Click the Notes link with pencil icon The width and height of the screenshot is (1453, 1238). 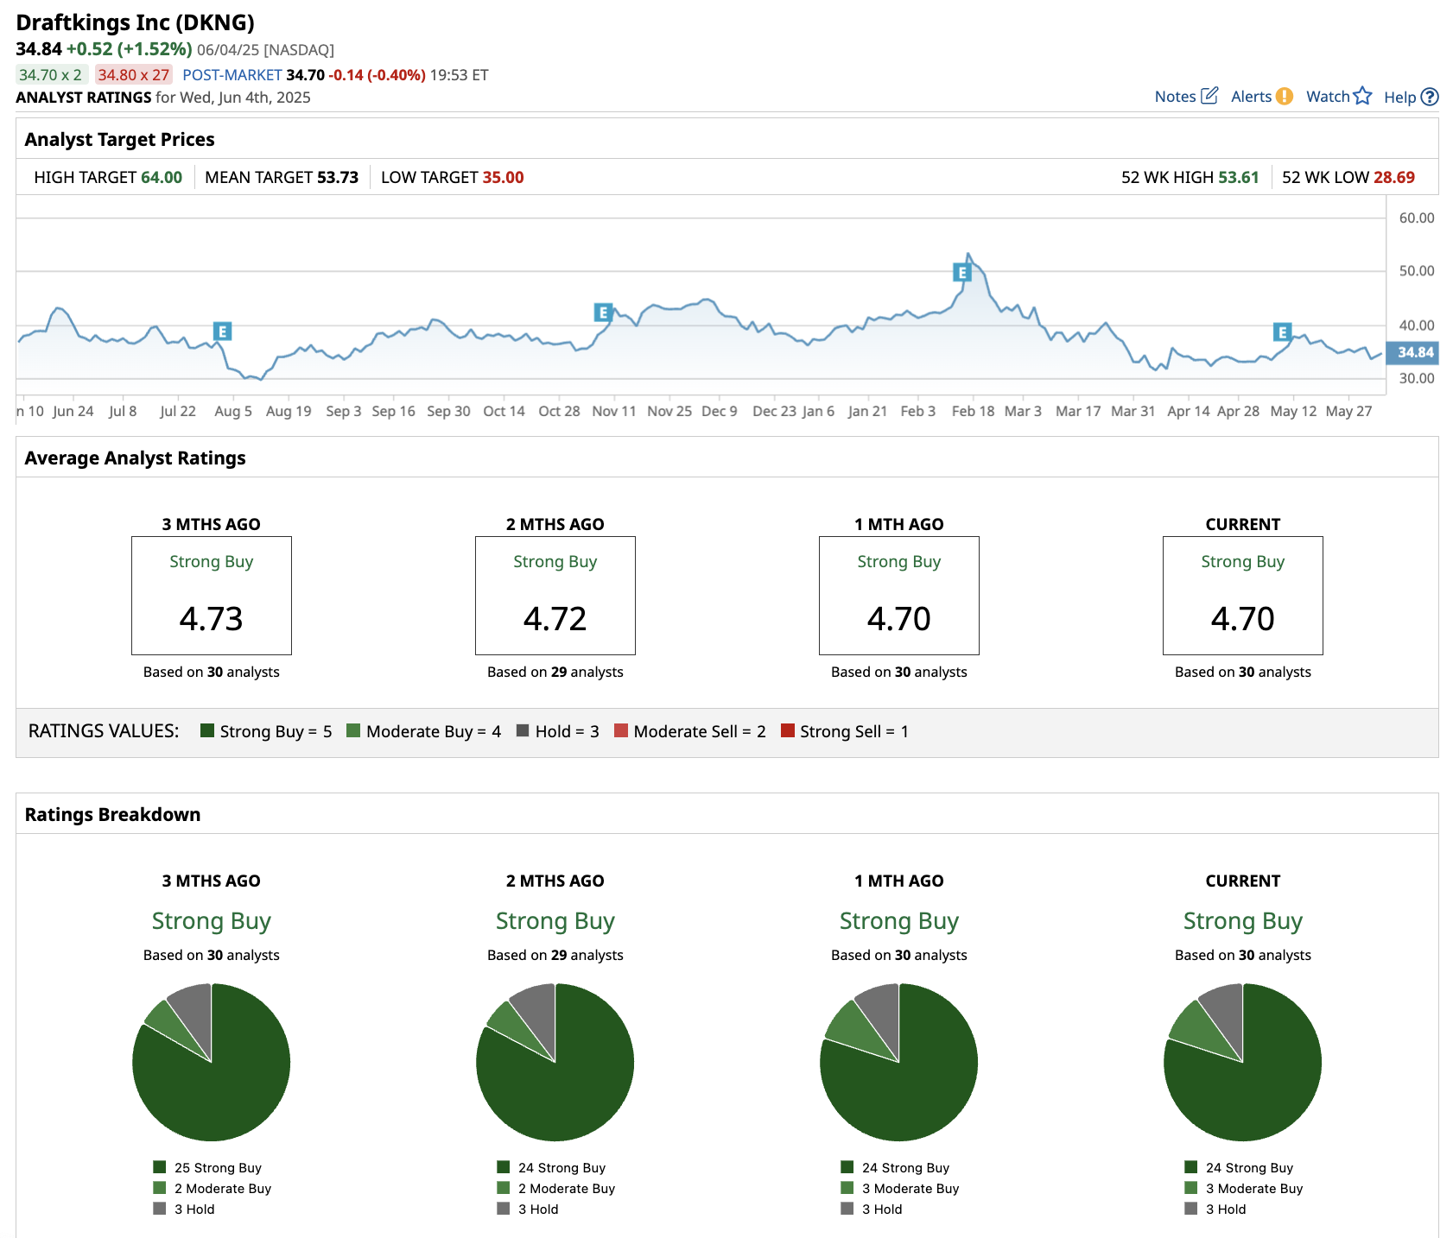pos(1185,97)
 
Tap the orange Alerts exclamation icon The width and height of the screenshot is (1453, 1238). pos(1285,97)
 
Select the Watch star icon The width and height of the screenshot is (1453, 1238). pos(1362,96)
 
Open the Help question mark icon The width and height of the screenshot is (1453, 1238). pos(1430,97)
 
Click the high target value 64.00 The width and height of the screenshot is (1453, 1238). pos(162,178)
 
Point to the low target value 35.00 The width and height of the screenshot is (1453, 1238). pos(503,178)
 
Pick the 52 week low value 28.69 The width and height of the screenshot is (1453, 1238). pos(1393,178)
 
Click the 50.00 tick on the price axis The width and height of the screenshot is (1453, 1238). pos(1416,271)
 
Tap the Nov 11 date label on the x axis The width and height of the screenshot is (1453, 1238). pos(613,411)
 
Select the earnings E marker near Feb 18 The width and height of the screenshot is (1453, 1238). pos(961,273)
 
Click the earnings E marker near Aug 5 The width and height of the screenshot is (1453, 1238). pos(222,332)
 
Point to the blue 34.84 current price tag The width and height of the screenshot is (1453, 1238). pos(1414,352)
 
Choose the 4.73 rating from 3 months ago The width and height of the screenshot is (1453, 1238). pos(211,619)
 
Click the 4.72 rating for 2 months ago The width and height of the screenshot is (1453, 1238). pos(555,619)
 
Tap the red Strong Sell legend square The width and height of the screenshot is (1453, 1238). pos(787,730)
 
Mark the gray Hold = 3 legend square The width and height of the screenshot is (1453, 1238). pos(523,730)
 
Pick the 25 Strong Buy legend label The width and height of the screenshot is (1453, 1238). pos(218,1168)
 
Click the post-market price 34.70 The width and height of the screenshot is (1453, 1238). pos(305,75)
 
